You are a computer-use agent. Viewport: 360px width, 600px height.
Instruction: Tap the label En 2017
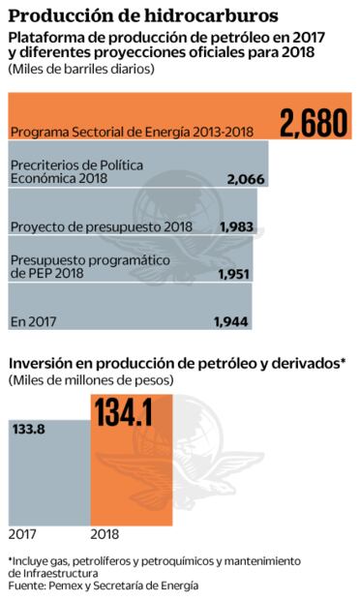[x=31, y=318]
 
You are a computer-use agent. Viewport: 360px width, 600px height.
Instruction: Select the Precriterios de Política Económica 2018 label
[x=76, y=172]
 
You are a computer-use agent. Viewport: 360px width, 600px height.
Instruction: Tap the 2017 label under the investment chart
[x=23, y=531]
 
